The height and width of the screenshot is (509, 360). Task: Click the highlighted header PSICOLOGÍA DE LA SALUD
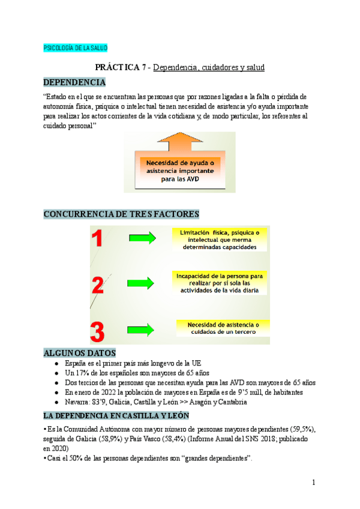pyautogui.click(x=76, y=48)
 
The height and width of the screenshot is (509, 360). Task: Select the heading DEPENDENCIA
pyautogui.click(x=75, y=82)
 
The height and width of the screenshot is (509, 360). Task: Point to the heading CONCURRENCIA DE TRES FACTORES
pyautogui.click(x=121, y=214)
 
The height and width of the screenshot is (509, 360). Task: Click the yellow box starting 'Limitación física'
pyautogui.click(x=219, y=239)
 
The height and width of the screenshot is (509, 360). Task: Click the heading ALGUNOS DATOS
pyautogui.click(x=80, y=352)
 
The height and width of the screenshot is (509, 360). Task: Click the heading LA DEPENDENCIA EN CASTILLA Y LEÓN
pyautogui.click(x=116, y=415)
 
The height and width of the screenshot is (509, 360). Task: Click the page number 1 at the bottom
pyautogui.click(x=313, y=483)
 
